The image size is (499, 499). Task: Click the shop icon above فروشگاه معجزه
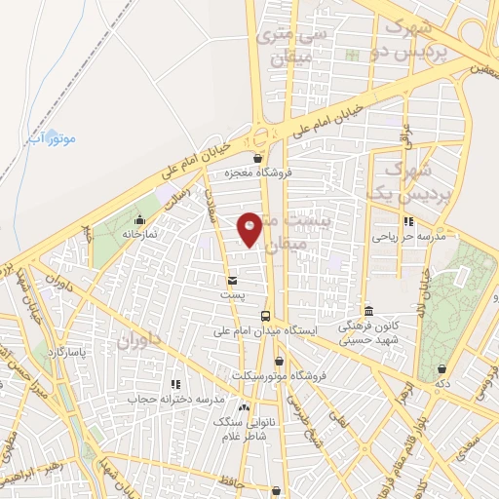(257, 158)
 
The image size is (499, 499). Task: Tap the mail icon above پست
(231, 281)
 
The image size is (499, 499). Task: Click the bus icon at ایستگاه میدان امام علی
(265, 316)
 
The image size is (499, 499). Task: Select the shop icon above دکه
(444, 369)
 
